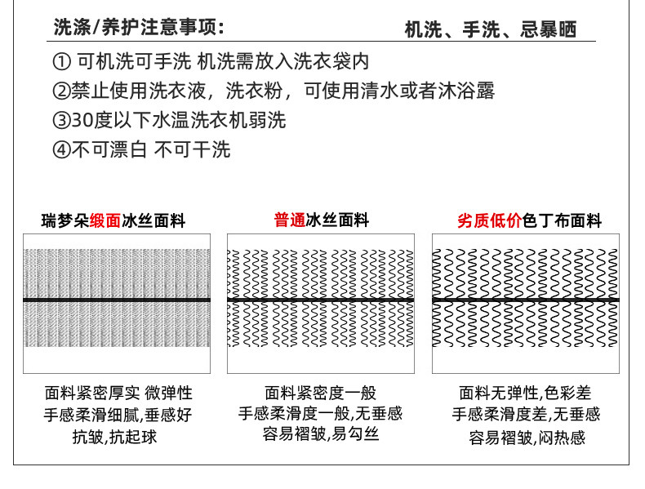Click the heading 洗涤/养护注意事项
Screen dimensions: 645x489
pos(138,28)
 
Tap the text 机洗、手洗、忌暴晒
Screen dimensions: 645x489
pos(490,29)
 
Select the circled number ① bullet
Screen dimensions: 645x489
pos(60,61)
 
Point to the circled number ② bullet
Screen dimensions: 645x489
pos(60,91)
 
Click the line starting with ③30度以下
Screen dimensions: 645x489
pos(169,120)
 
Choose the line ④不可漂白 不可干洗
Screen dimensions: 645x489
pos(141,149)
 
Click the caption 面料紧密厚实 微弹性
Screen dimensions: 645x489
pos(118,393)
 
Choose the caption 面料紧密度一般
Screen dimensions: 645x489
pos(321,393)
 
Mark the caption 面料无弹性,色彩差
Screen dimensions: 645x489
pos(526,393)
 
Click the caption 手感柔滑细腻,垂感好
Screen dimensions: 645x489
pos(118,415)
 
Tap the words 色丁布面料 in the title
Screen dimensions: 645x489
pos(562,220)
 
